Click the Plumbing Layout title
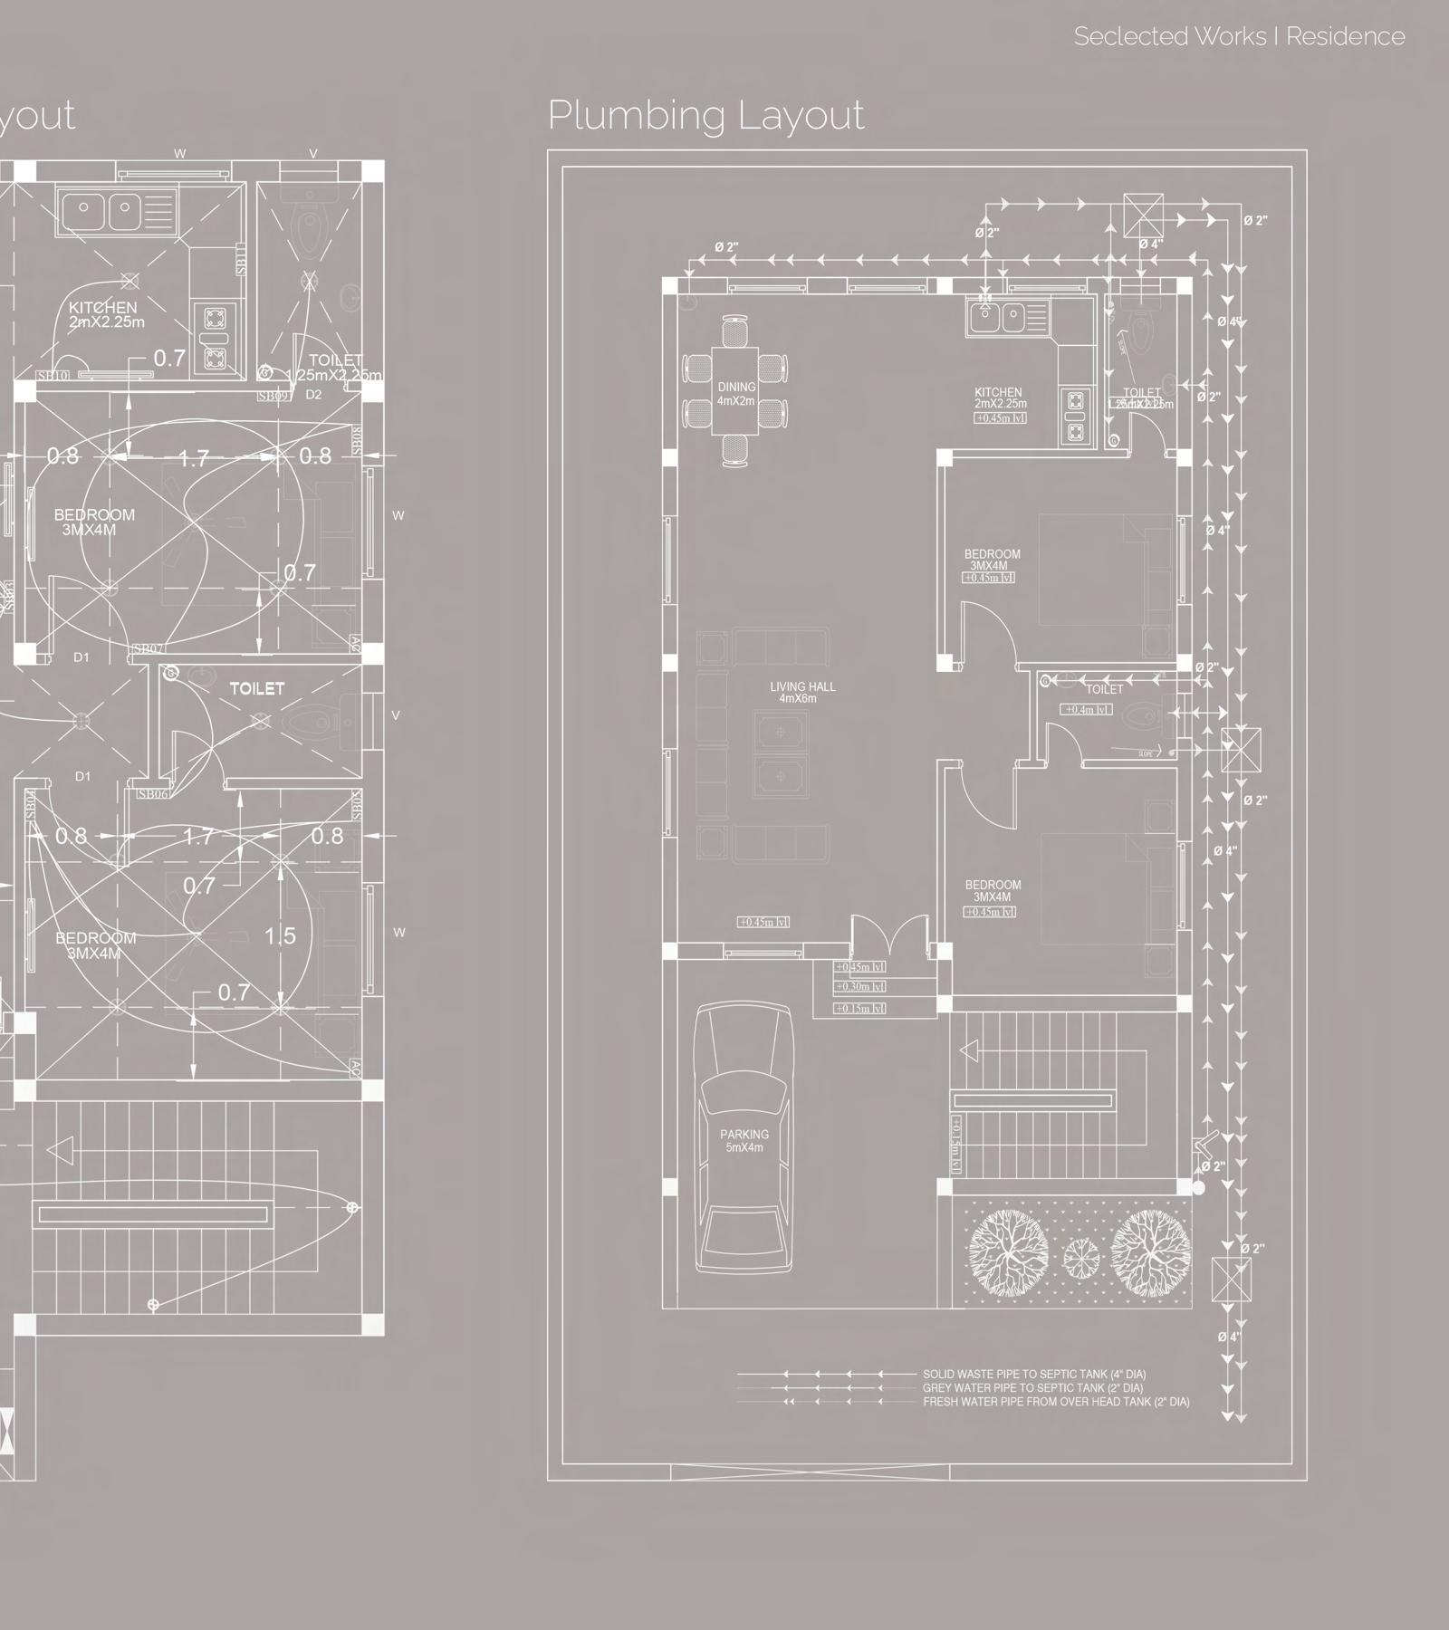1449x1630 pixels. (705, 116)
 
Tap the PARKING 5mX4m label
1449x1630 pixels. (744, 1141)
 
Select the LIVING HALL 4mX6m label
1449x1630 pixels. (802, 693)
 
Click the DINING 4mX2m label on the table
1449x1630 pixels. (736, 394)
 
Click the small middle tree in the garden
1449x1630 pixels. (1080, 1255)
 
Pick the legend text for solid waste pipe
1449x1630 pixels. (1033, 1375)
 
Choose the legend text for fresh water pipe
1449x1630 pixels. (1056, 1402)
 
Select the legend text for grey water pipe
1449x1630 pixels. (1032, 1388)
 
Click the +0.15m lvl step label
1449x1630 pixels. (860, 1009)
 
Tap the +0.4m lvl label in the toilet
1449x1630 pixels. (1087, 710)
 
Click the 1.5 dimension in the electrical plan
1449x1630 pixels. (280, 935)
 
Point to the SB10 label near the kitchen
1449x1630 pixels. (53, 376)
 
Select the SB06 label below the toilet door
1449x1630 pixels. (153, 794)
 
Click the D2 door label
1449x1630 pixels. (313, 395)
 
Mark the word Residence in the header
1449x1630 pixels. (1346, 36)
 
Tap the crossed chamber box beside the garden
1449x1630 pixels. (1231, 1280)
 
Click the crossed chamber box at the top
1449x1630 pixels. (1143, 215)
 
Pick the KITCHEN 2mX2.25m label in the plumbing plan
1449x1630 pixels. (999, 398)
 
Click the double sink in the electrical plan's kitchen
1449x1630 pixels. (98, 210)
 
